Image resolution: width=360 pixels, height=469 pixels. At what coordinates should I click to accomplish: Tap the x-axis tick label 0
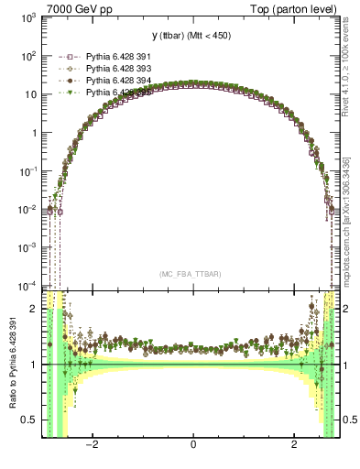pos(192,445)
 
